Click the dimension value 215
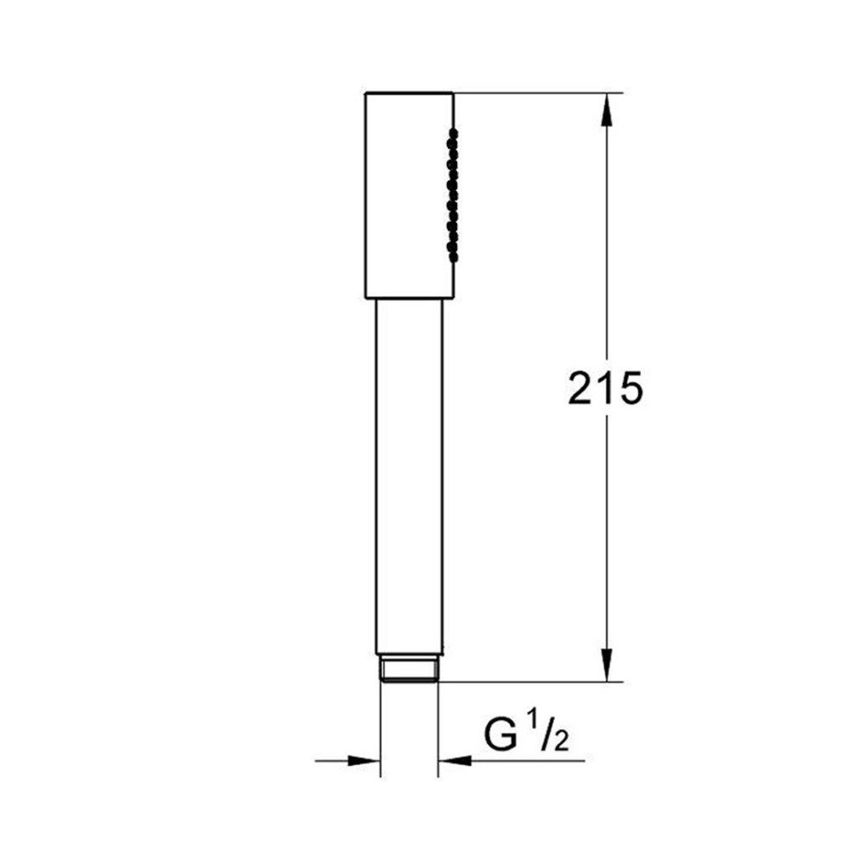pos(605,388)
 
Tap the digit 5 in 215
pos(631,388)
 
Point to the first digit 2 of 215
pos(580,388)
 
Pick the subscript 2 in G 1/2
pos(561,741)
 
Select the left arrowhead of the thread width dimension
pos(363,761)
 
